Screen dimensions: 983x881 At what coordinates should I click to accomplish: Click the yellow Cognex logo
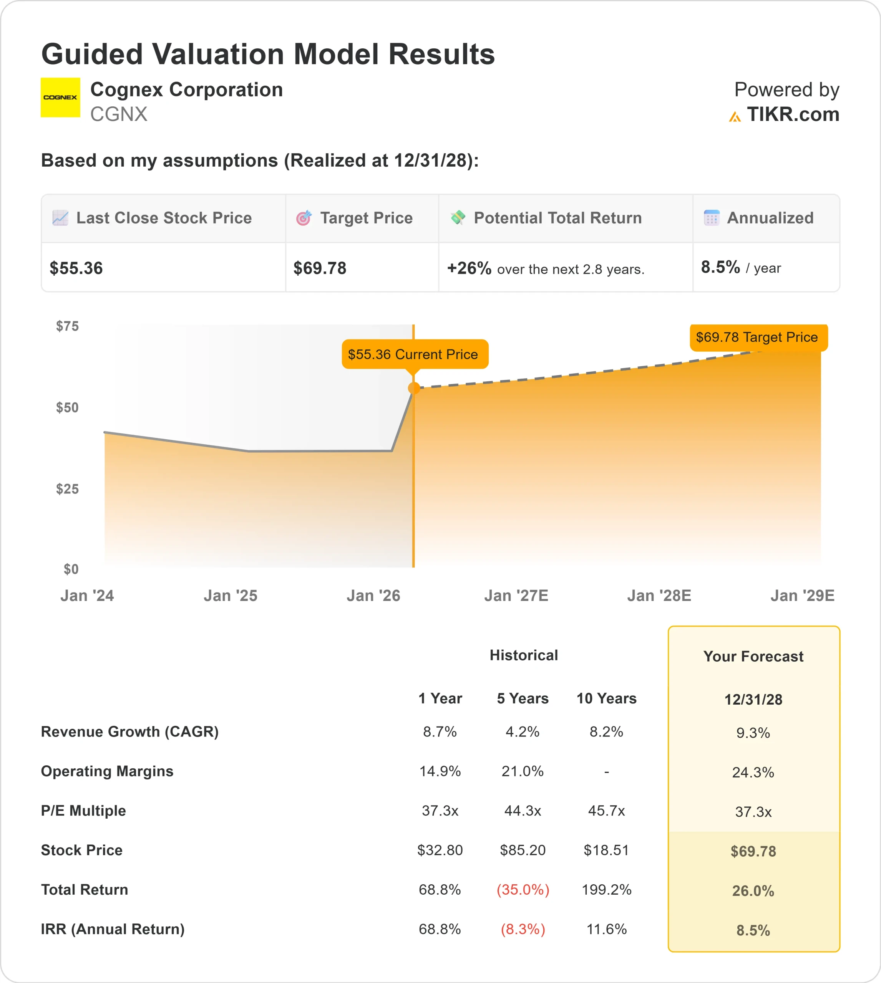pos(60,97)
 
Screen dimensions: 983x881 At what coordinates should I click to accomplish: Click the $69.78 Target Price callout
pos(758,337)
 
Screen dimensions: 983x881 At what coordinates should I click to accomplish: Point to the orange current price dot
pos(414,388)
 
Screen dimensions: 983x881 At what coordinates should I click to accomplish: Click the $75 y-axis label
pos(67,326)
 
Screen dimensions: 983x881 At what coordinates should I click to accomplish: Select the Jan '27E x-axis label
pos(516,596)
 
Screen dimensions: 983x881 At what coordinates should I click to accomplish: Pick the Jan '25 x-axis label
pos(231,596)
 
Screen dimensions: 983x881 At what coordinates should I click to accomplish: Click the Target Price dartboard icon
pos(304,218)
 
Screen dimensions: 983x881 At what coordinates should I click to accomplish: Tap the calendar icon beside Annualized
pos(711,218)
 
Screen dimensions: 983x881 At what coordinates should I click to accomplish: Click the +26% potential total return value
pos(469,268)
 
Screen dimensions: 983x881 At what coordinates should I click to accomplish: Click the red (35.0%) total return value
pos(523,890)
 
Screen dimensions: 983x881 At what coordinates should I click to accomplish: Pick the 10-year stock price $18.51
pos(606,850)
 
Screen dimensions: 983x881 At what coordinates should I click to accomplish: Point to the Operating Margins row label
pos(107,771)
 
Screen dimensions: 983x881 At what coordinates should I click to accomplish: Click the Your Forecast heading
pos(753,657)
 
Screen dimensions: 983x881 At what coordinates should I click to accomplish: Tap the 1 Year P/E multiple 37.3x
pos(440,811)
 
